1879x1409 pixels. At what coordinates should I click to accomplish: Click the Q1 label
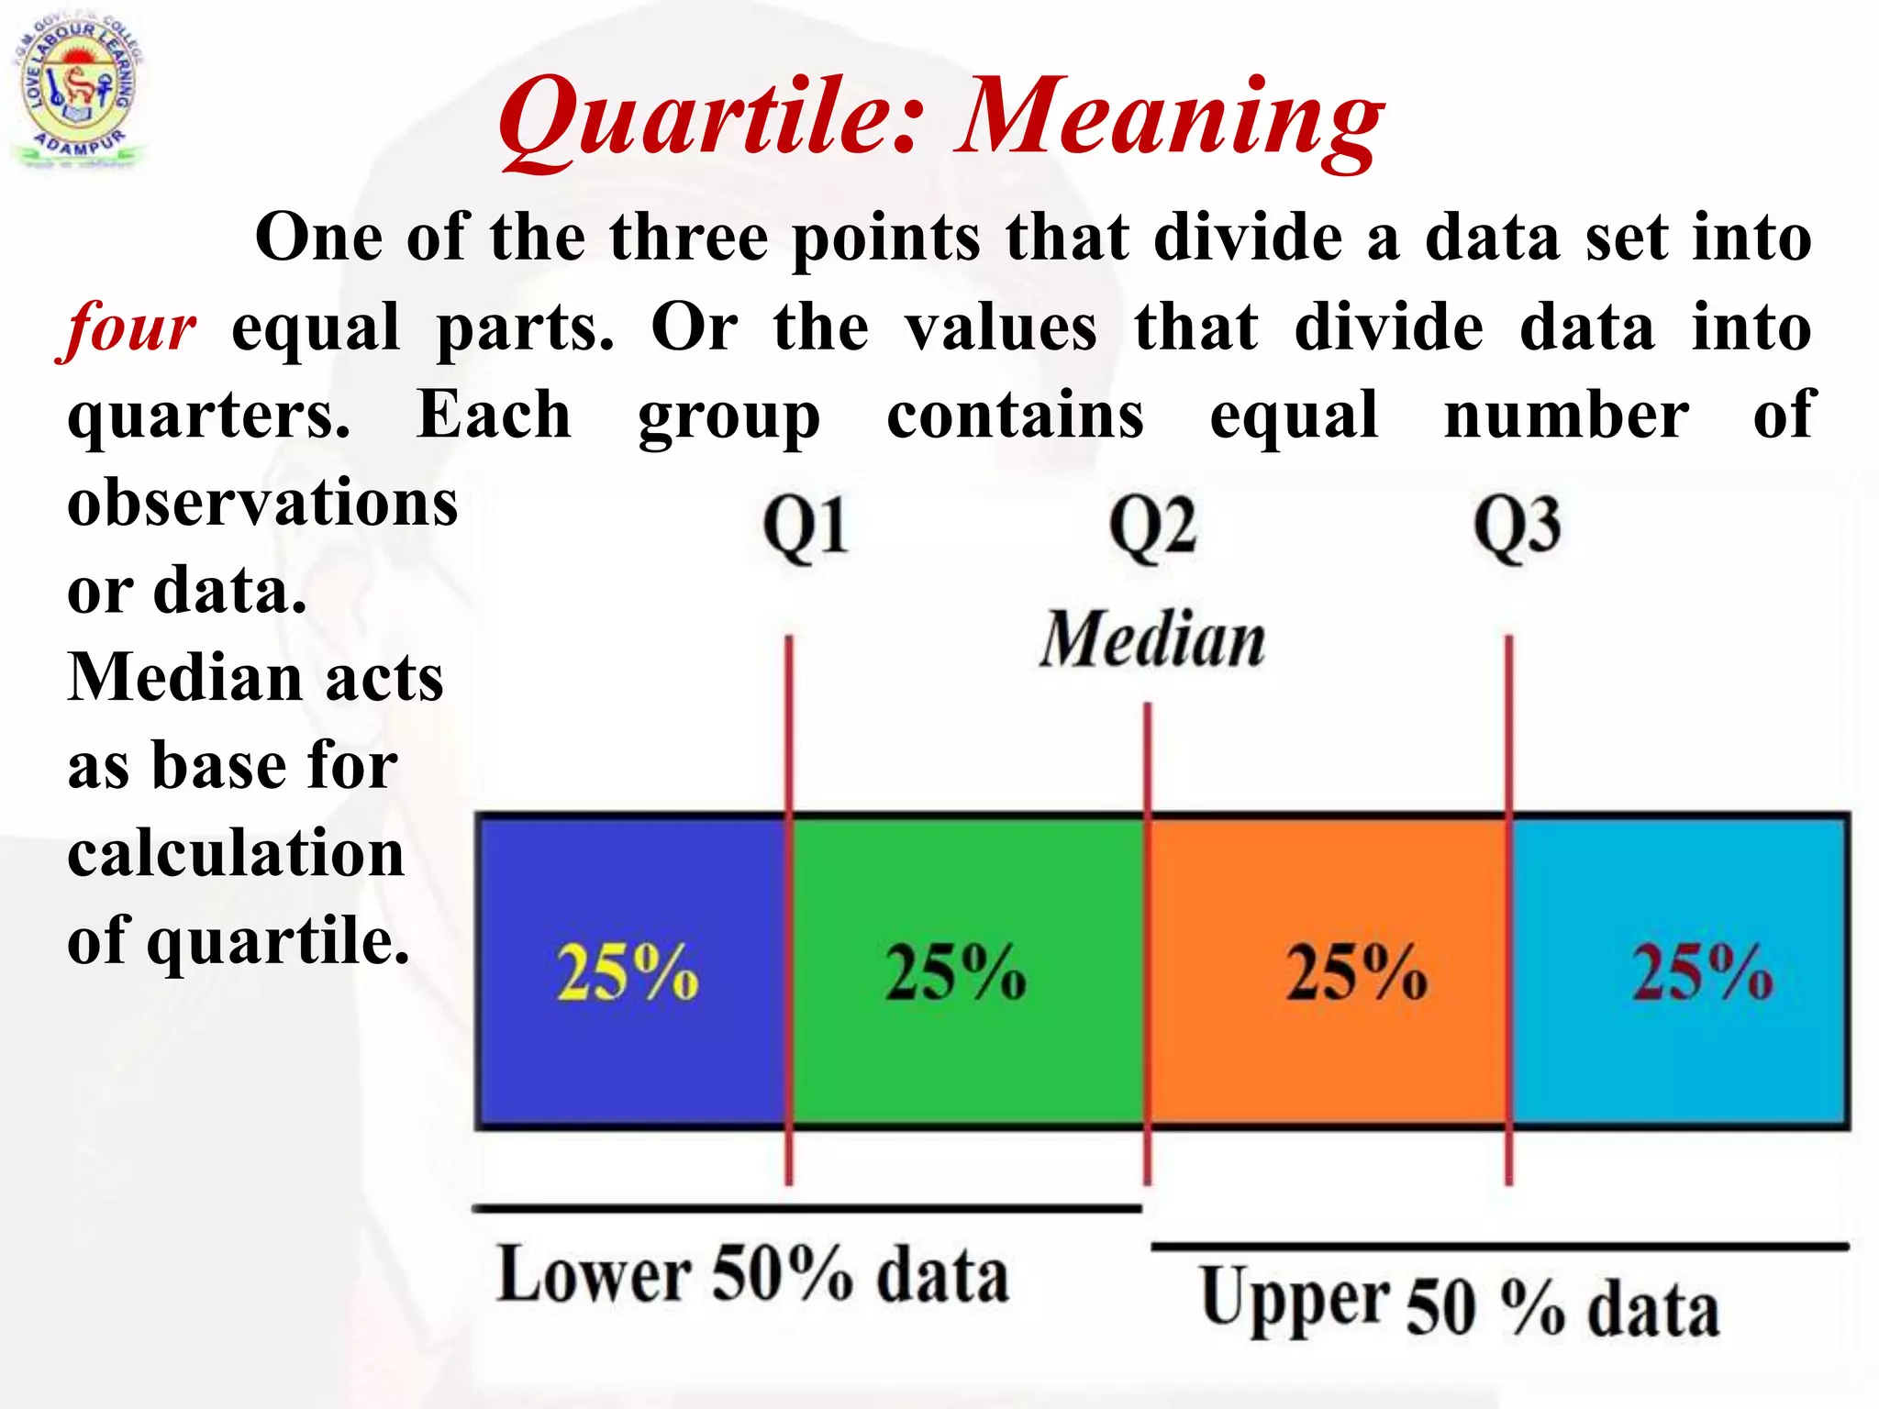click(805, 527)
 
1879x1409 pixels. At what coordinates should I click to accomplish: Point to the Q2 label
click(1152, 527)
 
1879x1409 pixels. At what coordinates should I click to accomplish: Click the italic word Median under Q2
click(1152, 639)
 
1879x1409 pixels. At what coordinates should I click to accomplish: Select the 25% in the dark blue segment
click(628, 972)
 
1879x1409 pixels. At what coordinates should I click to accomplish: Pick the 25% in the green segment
click(955, 972)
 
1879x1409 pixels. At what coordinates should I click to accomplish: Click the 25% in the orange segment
click(1356, 972)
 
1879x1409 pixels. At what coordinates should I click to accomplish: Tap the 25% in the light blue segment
click(1702, 972)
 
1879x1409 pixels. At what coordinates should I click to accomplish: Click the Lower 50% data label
click(752, 1275)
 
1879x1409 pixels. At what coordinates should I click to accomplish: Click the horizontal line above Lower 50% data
click(807, 1209)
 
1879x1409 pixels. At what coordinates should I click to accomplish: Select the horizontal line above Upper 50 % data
click(1499, 1247)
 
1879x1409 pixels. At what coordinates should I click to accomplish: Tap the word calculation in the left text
click(236, 853)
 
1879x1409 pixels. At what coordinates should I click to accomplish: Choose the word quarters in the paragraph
click(209, 416)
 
